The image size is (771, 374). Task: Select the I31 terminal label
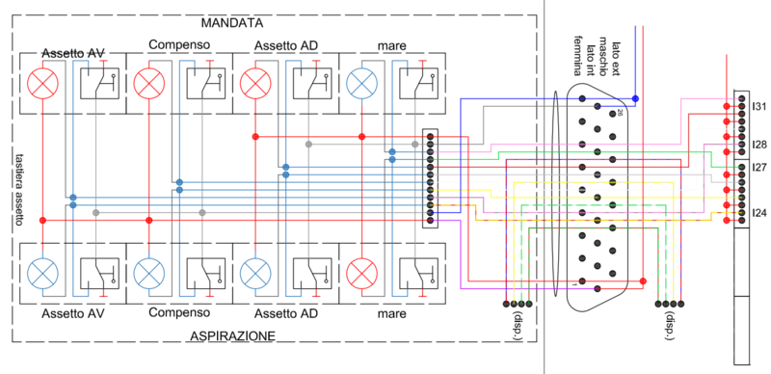coord(759,106)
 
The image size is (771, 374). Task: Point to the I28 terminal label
coord(759,145)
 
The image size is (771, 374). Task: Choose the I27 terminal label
coord(759,168)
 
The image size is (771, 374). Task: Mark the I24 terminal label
coord(759,212)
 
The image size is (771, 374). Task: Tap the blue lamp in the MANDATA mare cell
coord(361,84)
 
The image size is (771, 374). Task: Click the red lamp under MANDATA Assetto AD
coord(256,84)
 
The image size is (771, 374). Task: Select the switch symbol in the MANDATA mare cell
coord(416,84)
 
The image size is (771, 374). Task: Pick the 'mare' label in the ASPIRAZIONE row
coord(390,313)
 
